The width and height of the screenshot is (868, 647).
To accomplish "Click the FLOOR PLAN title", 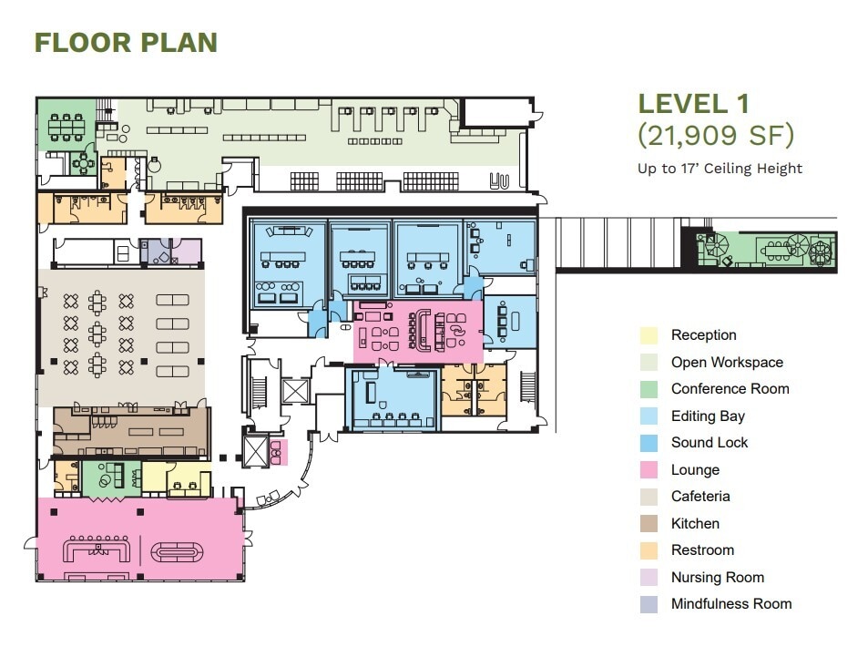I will click(x=126, y=42).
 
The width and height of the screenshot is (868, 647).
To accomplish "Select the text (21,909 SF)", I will click(x=715, y=136).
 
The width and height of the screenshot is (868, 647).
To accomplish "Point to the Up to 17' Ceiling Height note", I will click(x=720, y=168).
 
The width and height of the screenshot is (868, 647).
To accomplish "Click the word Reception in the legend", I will click(x=703, y=335).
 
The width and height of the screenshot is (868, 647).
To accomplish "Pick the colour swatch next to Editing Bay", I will click(x=648, y=416).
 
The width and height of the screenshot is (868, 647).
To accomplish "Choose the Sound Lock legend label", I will click(x=709, y=443).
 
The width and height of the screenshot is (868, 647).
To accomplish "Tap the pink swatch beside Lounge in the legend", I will click(x=648, y=470).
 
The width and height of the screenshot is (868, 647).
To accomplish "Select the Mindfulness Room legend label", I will click(x=730, y=604).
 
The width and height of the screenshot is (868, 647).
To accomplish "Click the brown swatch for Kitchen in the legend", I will click(x=648, y=524).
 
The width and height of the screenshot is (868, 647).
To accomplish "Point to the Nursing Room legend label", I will click(x=717, y=578).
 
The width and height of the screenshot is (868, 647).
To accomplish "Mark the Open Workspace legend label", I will click(x=726, y=363).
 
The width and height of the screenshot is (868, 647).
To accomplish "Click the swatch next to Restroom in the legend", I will click(x=648, y=550).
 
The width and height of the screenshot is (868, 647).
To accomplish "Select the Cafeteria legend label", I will click(x=700, y=497).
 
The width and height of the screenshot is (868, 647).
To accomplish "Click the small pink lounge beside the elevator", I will click(x=280, y=451).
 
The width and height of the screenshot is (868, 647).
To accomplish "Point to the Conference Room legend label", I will click(x=730, y=389).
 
